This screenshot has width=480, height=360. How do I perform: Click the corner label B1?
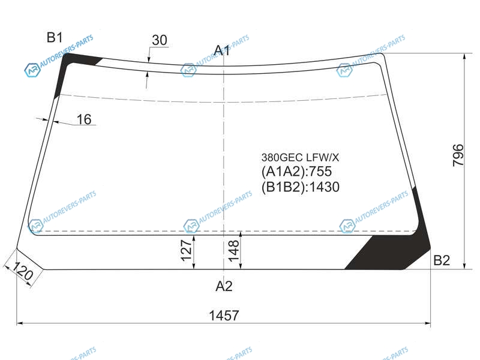coord(55,37)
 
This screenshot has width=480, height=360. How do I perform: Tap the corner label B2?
coord(442,260)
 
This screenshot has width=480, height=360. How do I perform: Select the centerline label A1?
coord(222,50)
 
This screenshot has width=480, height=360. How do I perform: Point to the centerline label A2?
coord(224,286)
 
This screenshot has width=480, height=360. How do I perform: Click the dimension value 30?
coord(160,40)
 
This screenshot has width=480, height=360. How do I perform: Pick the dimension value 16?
coord(84,119)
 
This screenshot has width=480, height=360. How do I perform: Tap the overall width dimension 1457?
coord(224,316)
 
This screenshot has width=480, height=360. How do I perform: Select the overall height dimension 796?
coord(458,155)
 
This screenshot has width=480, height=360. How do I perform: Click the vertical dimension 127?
coord(186,250)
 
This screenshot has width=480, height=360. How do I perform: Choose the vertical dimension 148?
coord(233,250)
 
